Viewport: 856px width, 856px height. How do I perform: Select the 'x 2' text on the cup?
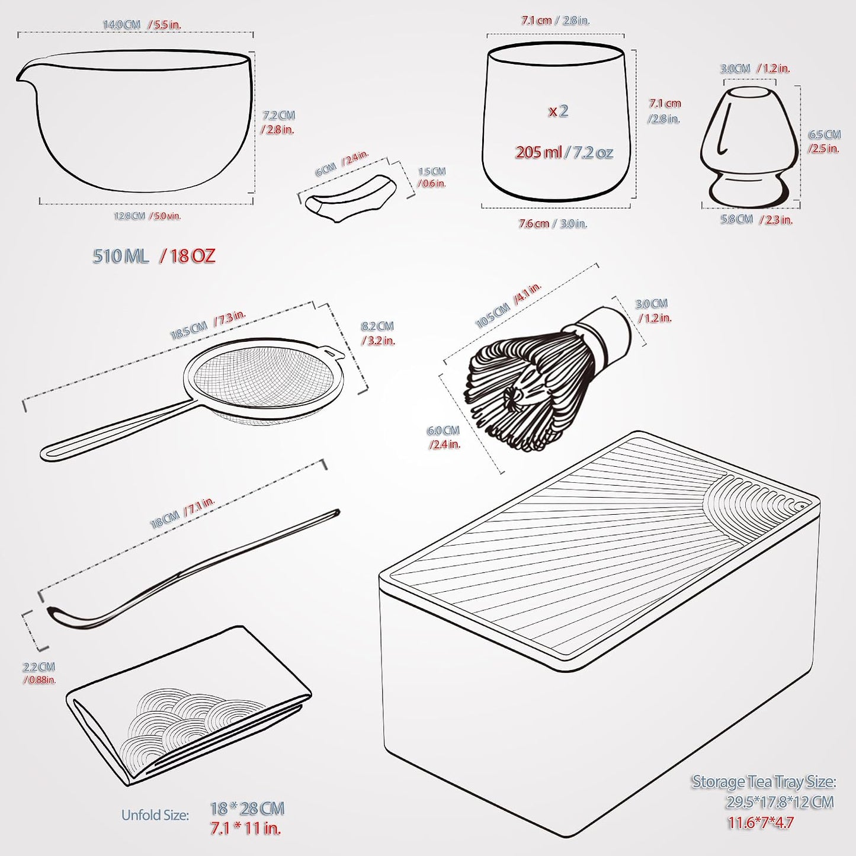click(558, 111)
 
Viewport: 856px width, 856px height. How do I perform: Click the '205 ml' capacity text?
click(538, 153)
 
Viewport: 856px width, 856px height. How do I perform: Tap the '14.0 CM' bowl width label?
click(121, 24)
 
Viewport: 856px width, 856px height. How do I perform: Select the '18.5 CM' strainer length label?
click(189, 329)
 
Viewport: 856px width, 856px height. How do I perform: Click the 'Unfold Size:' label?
click(155, 815)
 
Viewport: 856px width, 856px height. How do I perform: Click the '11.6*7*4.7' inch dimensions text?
click(761, 823)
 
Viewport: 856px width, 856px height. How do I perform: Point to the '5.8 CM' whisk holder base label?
click(737, 219)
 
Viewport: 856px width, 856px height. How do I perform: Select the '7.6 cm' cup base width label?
click(534, 224)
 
